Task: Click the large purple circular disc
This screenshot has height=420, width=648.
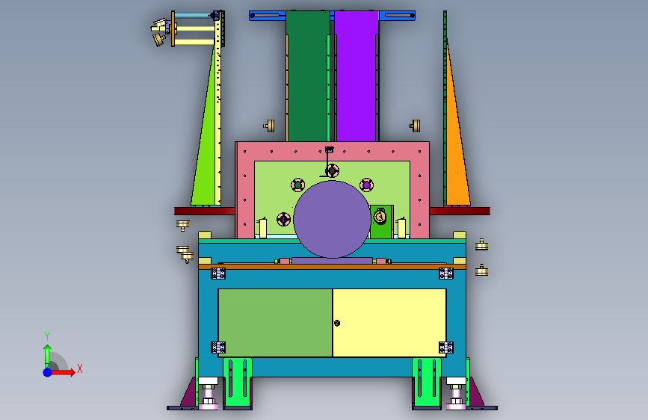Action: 332,219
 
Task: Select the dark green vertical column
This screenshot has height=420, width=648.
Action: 308,76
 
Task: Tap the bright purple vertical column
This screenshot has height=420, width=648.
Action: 357,76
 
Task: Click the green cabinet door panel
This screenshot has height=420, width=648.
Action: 275,322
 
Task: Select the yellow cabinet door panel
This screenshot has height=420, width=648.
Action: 389,322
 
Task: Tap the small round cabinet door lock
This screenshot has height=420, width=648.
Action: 337,323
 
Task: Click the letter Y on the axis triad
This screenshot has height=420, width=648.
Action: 47,336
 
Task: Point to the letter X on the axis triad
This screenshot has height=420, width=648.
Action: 80,368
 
